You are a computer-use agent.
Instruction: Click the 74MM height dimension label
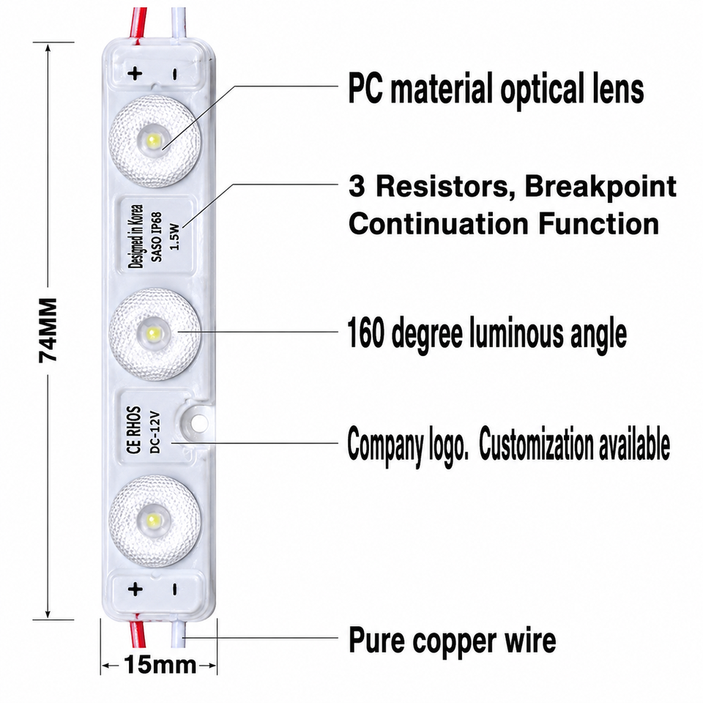tap(48, 330)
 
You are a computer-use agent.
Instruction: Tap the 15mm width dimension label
tap(160, 665)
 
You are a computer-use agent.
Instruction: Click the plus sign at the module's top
tap(135, 73)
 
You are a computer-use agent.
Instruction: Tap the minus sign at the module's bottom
tap(174, 589)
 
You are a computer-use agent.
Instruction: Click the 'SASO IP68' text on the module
tap(157, 237)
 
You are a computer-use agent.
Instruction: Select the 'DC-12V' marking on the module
tap(155, 432)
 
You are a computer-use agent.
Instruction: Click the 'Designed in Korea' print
tap(136, 237)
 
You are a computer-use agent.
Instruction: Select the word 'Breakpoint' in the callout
tap(600, 187)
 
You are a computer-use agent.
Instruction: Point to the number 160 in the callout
tap(366, 332)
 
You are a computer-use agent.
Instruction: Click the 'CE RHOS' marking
tap(134, 431)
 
